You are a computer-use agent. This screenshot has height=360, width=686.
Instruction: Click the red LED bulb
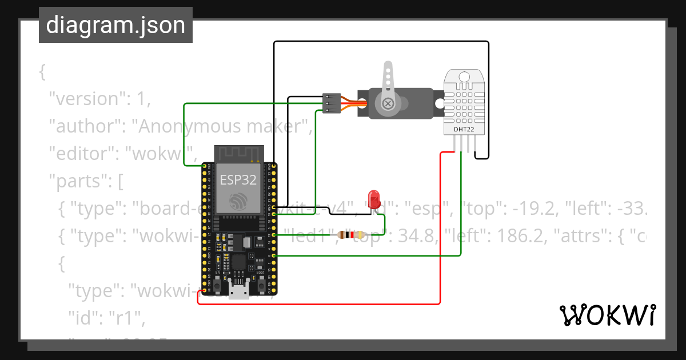click(x=374, y=198)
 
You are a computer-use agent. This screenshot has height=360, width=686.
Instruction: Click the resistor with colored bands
click(x=351, y=234)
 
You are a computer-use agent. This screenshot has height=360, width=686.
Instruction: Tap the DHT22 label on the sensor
click(x=464, y=129)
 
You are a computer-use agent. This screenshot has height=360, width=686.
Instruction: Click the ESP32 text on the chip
click(x=238, y=180)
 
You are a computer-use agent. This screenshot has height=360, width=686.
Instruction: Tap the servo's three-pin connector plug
click(x=330, y=103)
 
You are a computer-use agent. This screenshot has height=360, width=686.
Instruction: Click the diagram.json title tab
click(x=115, y=25)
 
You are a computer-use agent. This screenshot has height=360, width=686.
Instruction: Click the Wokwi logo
click(x=607, y=315)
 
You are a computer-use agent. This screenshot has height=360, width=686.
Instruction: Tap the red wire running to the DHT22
click(x=440, y=229)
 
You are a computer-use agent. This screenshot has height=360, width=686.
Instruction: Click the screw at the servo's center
click(x=388, y=103)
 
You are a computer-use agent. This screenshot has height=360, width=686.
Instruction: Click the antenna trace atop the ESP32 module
click(x=238, y=153)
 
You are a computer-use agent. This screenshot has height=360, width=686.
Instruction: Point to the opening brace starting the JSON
click(x=42, y=71)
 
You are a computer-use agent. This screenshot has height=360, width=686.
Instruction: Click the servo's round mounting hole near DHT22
click(x=439, y=103)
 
